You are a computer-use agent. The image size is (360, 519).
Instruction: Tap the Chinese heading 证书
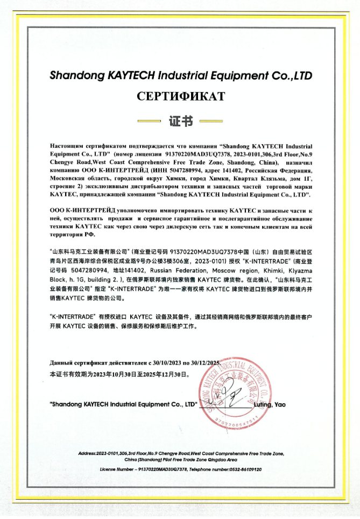tap(180, 122)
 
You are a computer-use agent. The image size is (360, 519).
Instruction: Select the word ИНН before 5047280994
tap(141, 169)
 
